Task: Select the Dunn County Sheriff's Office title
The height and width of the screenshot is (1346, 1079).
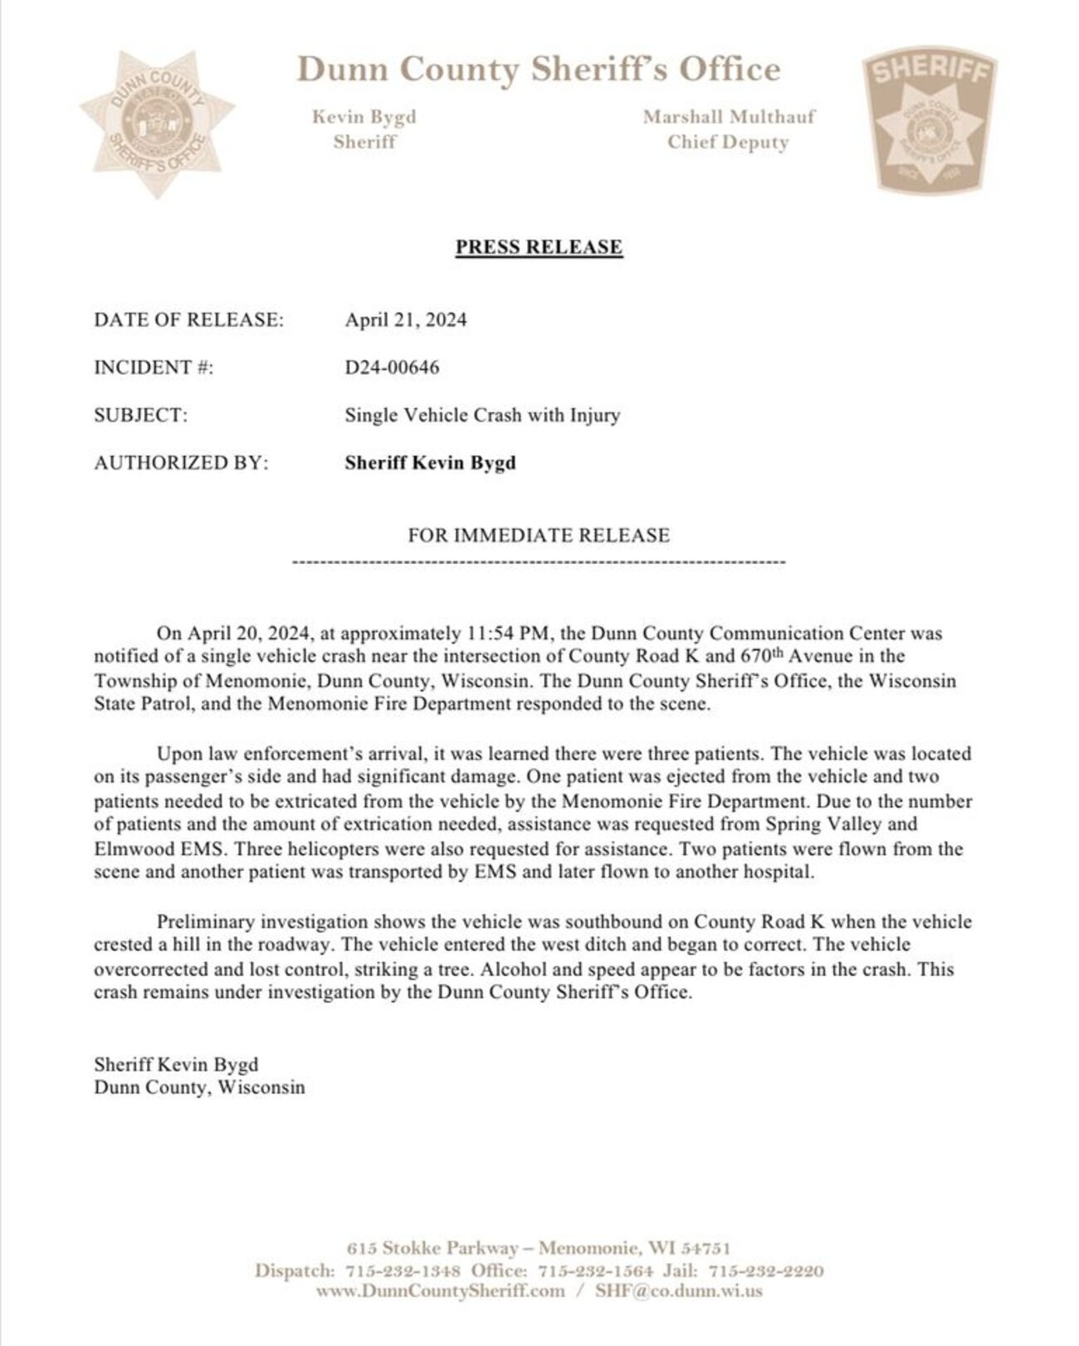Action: pyautogui.click(x=539, y=70)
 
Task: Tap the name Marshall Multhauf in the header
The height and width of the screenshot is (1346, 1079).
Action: pyautogui.click(x=729, y=117)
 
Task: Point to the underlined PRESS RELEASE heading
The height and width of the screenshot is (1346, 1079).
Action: pyautogui.click(x=539, y=247)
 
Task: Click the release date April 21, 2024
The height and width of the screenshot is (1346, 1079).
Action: pyautogui.click(x=406, y=320)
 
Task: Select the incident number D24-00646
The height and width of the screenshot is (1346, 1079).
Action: pyautogui.click(x=392, y=367)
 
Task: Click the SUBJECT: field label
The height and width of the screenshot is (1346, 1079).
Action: pyautogui.click(x=141, y=415)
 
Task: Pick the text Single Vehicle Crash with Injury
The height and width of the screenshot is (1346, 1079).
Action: pyautogui.click(x=482, y=415)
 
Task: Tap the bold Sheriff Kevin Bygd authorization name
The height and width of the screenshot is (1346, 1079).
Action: pyautogui.click(x=430, y=463)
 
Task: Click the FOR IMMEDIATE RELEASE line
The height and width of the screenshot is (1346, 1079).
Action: pyautogui.click(x=539, y=536)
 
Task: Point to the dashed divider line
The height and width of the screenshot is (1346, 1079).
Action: pyautogui.click(x=539, y=563)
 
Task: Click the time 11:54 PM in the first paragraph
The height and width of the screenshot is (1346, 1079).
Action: pyautogui.click(x=504, y=634)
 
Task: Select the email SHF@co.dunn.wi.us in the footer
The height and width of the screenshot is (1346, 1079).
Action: pyautogui.click(x=679, y=1291)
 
